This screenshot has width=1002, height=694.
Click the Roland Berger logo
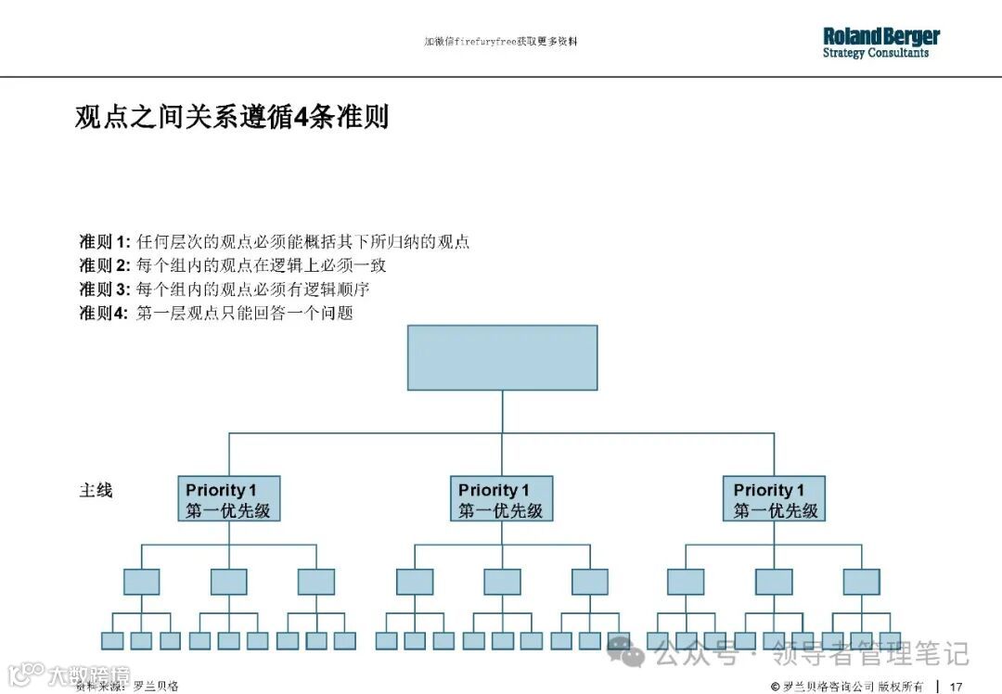tap(880, 37)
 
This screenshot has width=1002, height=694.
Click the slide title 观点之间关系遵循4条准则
tap(231, 118)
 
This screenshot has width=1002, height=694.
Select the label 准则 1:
tap(104, 242)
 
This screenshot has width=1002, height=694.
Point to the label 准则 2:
tap(104, 265)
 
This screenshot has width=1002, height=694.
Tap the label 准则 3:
tap(104, 289)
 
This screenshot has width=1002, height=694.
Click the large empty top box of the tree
tap(502, 357)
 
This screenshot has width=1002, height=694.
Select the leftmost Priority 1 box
tap(228, 499)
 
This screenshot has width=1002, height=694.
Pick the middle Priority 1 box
tap(502, 499)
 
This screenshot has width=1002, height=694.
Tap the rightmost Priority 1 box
tap(775, 499)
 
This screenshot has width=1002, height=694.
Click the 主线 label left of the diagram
tap(96, 490)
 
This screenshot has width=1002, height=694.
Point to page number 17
tap(956, 687)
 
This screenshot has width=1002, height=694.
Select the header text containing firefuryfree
tap(501, 42)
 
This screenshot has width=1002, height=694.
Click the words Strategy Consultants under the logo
tap(875, 54)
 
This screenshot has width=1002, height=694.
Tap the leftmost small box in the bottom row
tap(112, 640)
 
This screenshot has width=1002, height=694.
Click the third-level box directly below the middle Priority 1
tap(502, 582)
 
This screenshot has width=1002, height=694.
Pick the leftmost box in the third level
tap(141, 582)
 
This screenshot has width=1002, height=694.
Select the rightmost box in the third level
tap(861, 582)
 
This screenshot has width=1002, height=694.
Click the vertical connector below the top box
tap(502, 411)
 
